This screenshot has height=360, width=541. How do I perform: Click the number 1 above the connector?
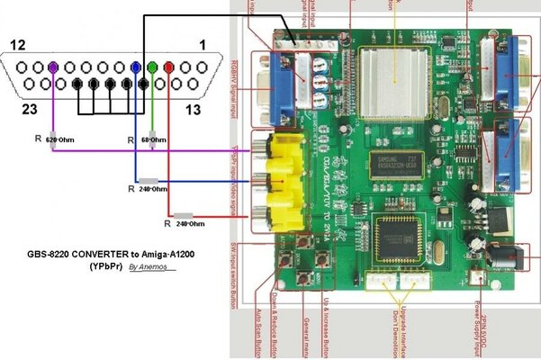[x=203, y=44]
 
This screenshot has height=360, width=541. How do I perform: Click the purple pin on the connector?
[x=54, y=67]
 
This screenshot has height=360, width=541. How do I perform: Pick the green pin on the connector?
[x=152, y=67]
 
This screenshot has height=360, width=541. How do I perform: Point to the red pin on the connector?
[x=168, y=67]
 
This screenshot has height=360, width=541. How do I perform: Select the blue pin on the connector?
[x=136, y=67]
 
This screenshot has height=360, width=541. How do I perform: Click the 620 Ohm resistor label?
[x=62, y=141]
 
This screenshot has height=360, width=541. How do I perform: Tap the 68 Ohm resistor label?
[x=153, y=141]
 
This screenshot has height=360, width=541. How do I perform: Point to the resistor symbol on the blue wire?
[x=149, y=181]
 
